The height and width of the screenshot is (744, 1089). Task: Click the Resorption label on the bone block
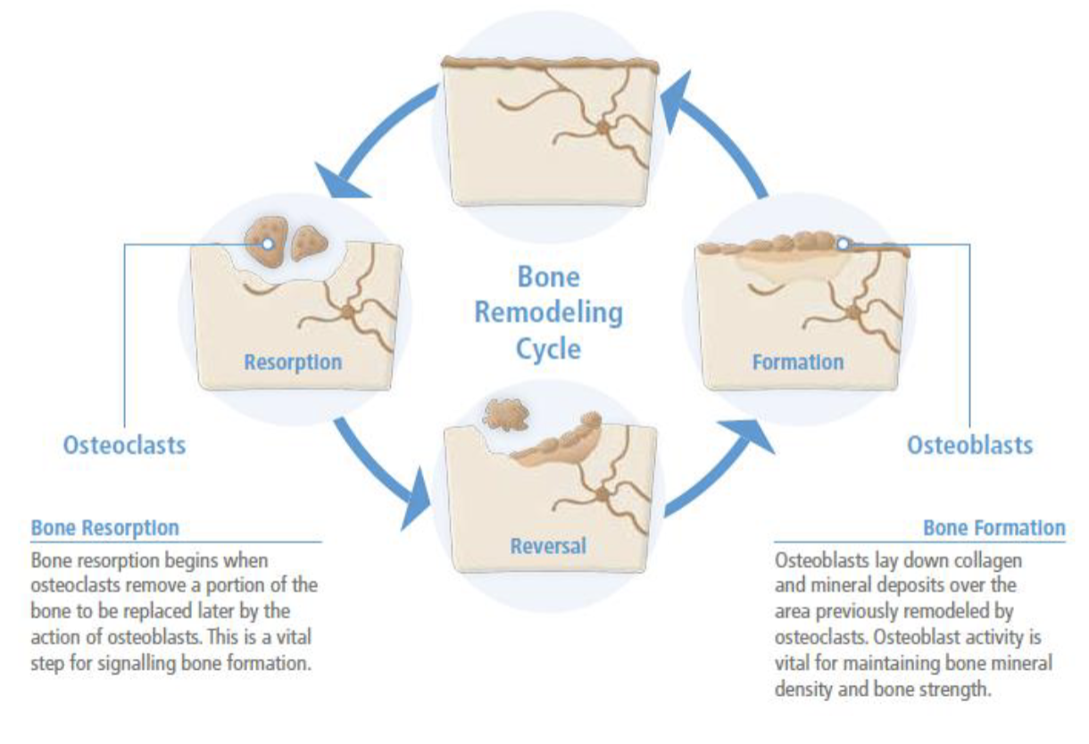(293, 362)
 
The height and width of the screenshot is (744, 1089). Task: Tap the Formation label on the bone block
(797, 362)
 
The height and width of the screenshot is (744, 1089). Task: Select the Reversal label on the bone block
(547, 544)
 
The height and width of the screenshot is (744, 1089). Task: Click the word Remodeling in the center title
(547, 312)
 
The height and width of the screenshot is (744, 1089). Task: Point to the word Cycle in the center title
(547, 348)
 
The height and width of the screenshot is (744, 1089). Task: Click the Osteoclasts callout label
(124, 445)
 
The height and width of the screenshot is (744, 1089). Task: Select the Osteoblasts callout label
(969, 444)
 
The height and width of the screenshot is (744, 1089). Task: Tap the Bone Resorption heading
(104, 527)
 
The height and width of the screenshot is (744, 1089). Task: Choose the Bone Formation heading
(993, 527)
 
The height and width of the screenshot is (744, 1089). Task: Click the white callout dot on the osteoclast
(266, 243)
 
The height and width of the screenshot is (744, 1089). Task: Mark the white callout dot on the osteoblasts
(844, 242)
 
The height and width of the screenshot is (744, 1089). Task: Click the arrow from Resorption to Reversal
(379, 473)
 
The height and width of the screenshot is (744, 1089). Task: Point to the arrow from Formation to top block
(714, 134)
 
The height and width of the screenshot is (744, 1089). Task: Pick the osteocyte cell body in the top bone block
(604, 128)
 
